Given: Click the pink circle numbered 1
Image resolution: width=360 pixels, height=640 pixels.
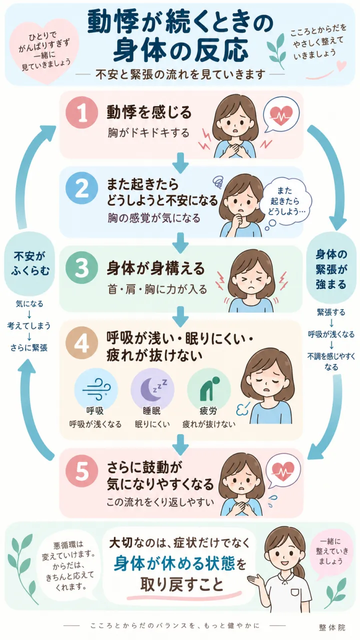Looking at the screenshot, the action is pos(82,113).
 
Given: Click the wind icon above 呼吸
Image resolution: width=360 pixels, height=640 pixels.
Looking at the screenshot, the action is pos(96,389).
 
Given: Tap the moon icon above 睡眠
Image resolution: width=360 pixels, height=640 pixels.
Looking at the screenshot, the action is pos(152,389).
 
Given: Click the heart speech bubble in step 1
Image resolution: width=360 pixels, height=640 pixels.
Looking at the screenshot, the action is pos(281,115).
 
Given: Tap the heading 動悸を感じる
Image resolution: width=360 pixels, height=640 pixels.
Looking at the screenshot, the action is pos(149,112).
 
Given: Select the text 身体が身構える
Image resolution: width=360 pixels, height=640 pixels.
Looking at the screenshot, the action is pos(155,268).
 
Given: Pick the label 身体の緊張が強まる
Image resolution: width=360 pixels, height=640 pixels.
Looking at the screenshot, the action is pos(331,269).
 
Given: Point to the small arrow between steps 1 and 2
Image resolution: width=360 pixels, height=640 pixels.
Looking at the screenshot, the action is pos(180,163).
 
